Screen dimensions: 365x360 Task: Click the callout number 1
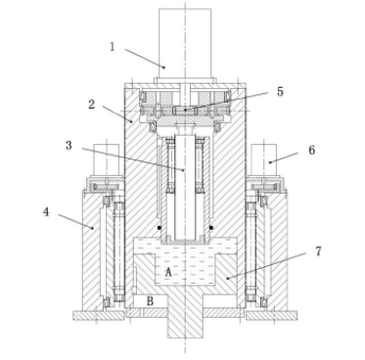[113, 47]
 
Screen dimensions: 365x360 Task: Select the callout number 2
[92, 105]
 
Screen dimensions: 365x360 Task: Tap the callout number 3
[68, 146]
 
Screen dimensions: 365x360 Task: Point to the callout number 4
[46, 212]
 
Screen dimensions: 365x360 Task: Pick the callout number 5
[280, 92]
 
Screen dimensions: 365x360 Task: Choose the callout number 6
[312, 150]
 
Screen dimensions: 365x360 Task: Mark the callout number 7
[318, 251]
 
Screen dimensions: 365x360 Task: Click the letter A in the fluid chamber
[168, 272]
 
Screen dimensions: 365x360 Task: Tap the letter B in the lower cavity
[150, 301]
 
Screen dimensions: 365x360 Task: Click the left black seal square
[160, 227]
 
